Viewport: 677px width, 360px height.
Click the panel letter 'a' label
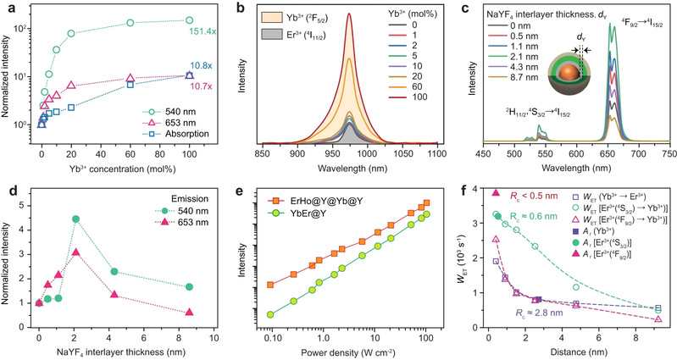click(x=7, y=8)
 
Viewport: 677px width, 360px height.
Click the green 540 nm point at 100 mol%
click(x=189, y=20)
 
